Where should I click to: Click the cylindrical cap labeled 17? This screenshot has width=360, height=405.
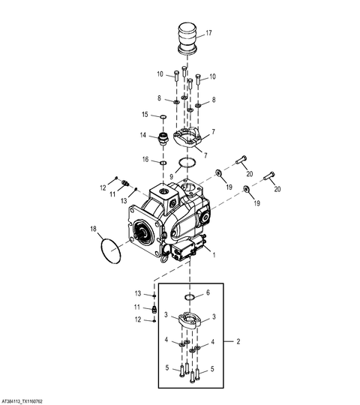(187, 39)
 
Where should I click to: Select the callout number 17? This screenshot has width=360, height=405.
(208, 33)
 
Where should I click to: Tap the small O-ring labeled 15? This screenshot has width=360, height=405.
(163, 118)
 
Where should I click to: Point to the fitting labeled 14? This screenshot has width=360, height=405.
(163, 138)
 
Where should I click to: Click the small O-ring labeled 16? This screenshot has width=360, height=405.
(163, 163)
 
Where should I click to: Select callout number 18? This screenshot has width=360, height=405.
(93, 229)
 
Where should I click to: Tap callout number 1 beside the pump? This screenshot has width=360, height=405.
(214, 255)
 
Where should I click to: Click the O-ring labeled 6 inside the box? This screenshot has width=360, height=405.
(190, 297)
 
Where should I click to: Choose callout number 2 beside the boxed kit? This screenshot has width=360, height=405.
(238, 341)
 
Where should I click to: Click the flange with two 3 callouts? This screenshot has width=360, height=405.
(190, 320)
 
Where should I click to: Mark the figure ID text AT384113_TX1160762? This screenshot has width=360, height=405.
(21, 402)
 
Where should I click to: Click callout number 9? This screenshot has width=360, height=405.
(172, 177)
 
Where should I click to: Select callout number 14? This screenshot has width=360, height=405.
(143, 135)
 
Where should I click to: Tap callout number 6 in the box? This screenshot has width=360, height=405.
(208, 292)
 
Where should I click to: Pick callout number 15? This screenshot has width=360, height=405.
(145, 114)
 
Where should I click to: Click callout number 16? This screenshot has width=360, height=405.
(145, 159)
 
